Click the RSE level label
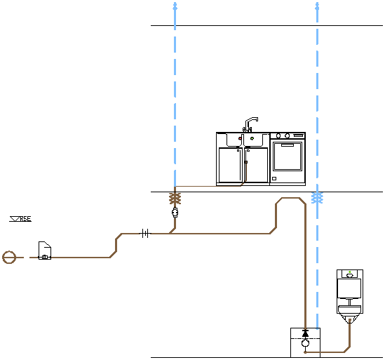[x=25, y=219]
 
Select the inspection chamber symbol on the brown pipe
[x=45, y=251]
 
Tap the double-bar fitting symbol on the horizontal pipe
[x=145, y=234]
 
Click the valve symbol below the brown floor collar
[x=175, y=213]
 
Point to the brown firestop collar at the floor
[x=175, y=199]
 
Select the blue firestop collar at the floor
[x=317, y=198]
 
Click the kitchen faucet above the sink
[x=250, y=124]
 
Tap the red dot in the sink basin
[x=240, y=138]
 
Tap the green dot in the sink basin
[x=252, y=138]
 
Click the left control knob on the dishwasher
[x=278, y=135]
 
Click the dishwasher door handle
[x=288, y=145]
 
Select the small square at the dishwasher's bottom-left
[x=274, y=179]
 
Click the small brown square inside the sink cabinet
[x=246, y=162]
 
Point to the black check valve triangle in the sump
[x=306, y=333]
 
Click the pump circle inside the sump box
[x=305, y=342]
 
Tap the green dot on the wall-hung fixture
[x=350, y=272]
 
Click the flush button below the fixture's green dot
[x=350, y=276]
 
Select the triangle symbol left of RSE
[x=15, y=218]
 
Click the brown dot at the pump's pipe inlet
[x=305, y=352]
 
